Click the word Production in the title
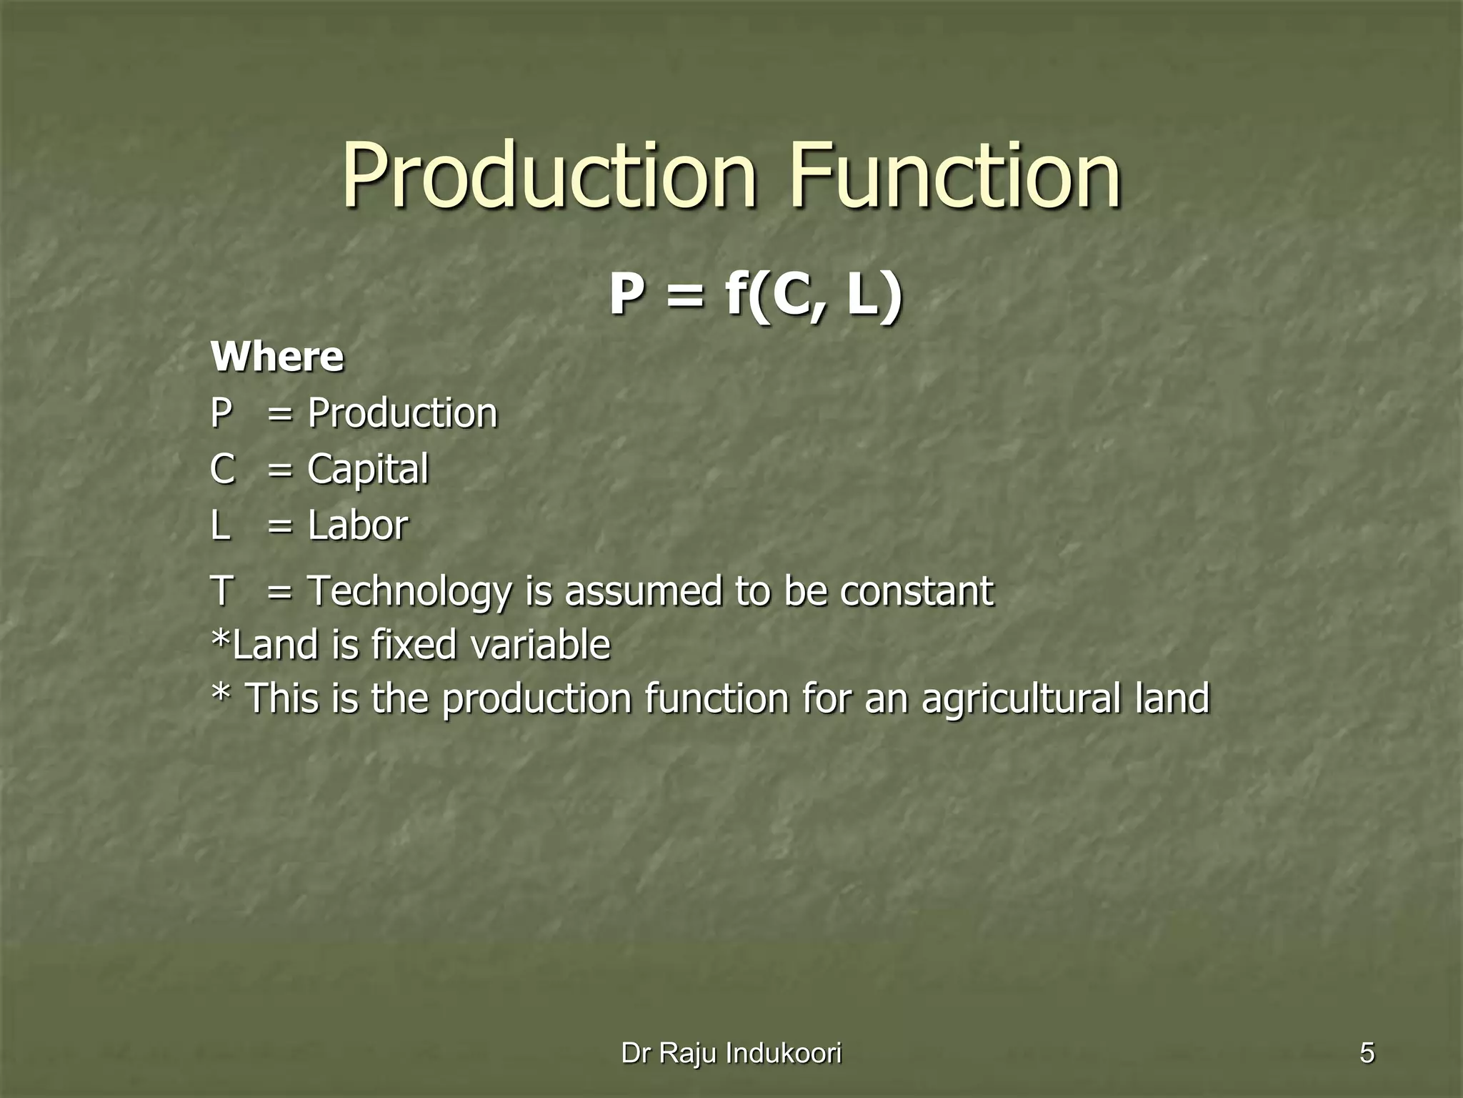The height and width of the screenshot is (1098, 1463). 549,176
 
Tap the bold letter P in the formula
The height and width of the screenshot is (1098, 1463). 626,295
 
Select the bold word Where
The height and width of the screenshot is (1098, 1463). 277,357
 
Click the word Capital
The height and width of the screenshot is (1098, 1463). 368,470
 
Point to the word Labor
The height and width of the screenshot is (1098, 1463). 358,525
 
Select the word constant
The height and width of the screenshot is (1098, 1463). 917,592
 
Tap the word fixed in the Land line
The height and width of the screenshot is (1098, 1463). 414,645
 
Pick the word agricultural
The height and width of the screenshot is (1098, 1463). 1021,698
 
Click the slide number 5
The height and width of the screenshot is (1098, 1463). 1367,1053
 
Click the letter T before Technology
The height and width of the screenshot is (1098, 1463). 222,592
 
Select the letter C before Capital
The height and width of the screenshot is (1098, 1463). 223,470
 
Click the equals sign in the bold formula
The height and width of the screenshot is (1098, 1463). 684,296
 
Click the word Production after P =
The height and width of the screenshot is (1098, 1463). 402,414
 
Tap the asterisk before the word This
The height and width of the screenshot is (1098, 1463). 221,693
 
